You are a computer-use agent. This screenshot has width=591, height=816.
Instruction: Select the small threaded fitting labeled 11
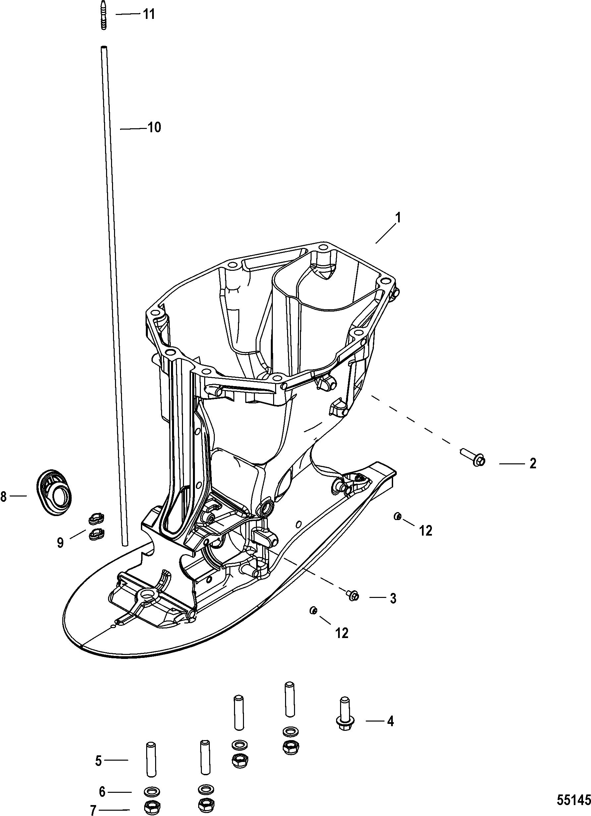coord(104,20)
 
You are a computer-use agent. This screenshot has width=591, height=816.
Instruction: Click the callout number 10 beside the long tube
coord(154,127)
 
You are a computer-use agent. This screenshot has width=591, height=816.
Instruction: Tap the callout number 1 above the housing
coord(398,218)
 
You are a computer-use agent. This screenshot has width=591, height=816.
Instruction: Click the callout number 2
coord(533,463)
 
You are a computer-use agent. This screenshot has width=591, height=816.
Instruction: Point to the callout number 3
coord(393,598)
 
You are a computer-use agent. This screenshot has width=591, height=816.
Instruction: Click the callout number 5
coord(98,761)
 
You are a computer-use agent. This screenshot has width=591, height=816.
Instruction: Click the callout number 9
coord(60,542)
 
